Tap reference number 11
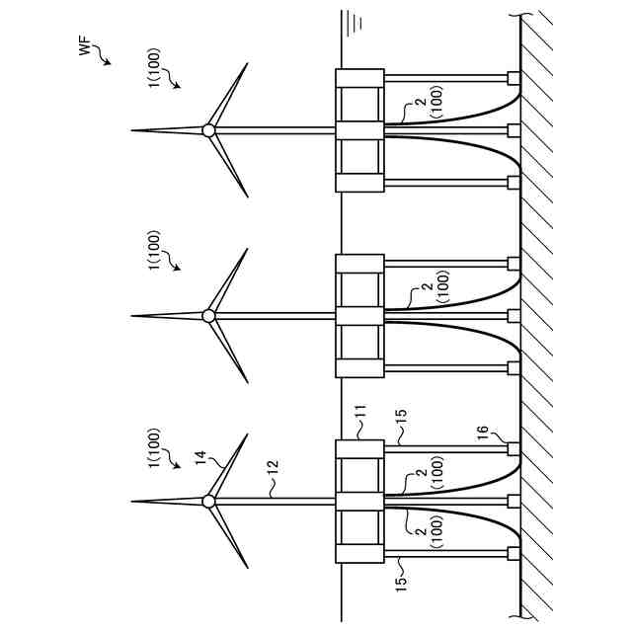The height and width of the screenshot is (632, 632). coord(360,420)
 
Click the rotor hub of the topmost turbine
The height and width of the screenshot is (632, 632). coord(208,130)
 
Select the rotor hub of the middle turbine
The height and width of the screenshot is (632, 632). coord(208,316)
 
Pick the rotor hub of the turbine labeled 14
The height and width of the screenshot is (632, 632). coord(208,502)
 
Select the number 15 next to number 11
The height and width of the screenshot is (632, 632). coord(400,419)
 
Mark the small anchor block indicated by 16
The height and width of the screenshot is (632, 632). coord(513,449)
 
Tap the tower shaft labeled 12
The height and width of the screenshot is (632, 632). coord(272,502)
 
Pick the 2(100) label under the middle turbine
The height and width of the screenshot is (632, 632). coord(428,285)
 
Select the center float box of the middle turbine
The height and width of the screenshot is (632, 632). coord(358,316)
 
